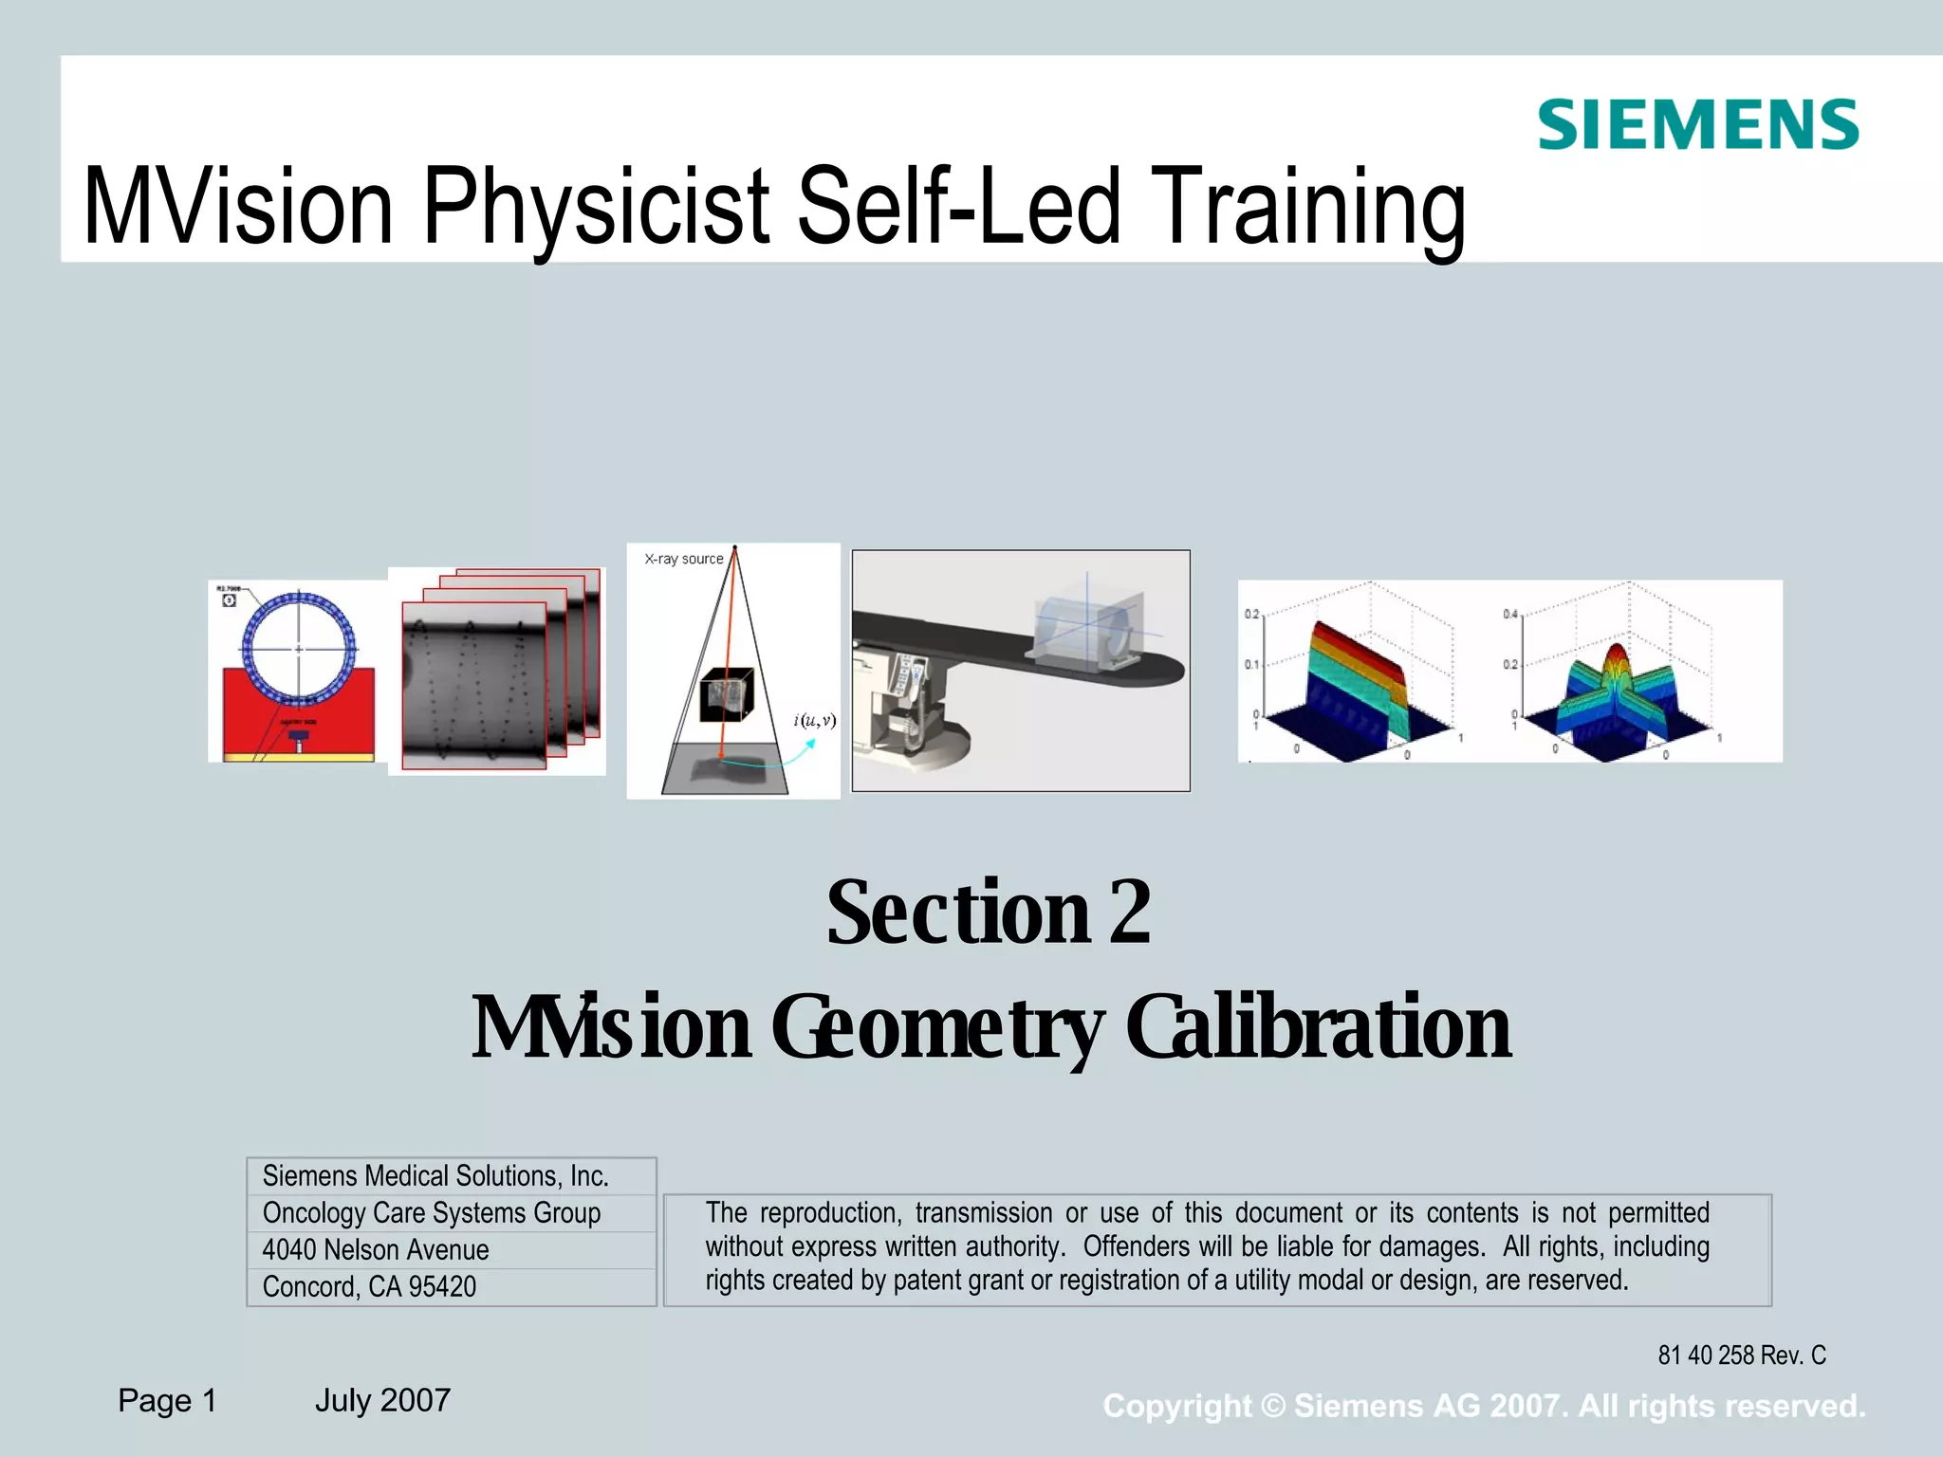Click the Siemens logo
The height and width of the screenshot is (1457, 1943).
(x=1697, y=125)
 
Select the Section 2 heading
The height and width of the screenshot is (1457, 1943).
(x=989, y=913)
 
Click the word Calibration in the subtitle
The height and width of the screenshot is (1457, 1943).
(x=1319, y=1028)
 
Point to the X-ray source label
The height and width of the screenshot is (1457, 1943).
(x=683, y=559)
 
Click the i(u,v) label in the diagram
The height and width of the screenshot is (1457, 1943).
(x=815, y=720)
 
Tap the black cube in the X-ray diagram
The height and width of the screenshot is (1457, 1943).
(x=726, y=696)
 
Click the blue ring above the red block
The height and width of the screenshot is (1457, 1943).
(x=299, y=649)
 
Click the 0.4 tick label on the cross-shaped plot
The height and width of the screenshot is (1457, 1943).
(x=1509, y=614)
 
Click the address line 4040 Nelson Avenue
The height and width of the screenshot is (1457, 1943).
(x=376, y=1250)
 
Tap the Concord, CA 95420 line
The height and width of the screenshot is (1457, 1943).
(x=369, y=1287)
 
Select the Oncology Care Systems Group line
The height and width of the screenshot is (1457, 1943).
(x=432, y=1213)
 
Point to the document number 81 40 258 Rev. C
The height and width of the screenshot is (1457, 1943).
(x=1741, y=1356)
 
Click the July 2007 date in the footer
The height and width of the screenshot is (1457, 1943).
(x=382, y=1400)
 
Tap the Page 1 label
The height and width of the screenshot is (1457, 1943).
(x=168, y=1400)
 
